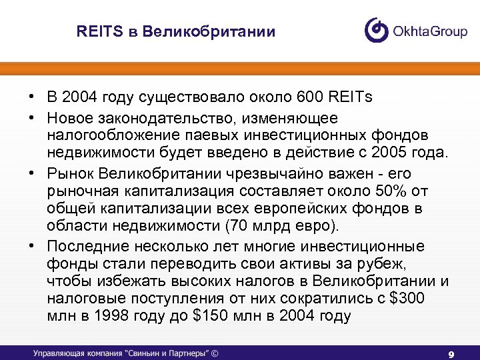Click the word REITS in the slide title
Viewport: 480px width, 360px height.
coord(97,32)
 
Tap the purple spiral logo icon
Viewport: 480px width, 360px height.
coord(376,30)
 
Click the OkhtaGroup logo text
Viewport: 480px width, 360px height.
coord(431,31)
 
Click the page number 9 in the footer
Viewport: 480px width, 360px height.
coord(451,353)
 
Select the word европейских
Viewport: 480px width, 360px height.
coord(317,209)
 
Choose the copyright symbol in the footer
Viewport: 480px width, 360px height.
coord(215,353)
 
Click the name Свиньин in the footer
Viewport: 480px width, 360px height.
coord(141,353)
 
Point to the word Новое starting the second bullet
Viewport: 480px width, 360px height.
coord(69,117)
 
